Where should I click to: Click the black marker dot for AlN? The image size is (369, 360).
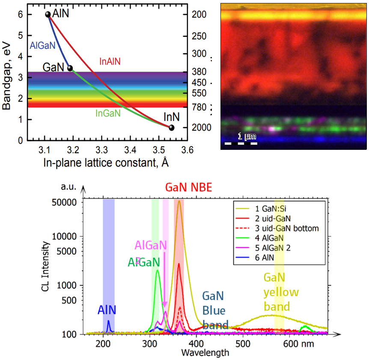tap(48, 15)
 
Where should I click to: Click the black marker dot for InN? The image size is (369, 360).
tap(171, 128)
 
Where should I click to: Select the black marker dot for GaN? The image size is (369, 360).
tap(70, 68)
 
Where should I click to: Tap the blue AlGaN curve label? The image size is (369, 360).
tap(39, 45)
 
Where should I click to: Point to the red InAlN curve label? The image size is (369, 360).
tap(110, 62)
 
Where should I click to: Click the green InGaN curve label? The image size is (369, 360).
tap(108, 113)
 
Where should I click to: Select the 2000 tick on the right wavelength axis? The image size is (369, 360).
tap(199, 128)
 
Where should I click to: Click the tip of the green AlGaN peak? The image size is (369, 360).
tap(158, 270)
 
